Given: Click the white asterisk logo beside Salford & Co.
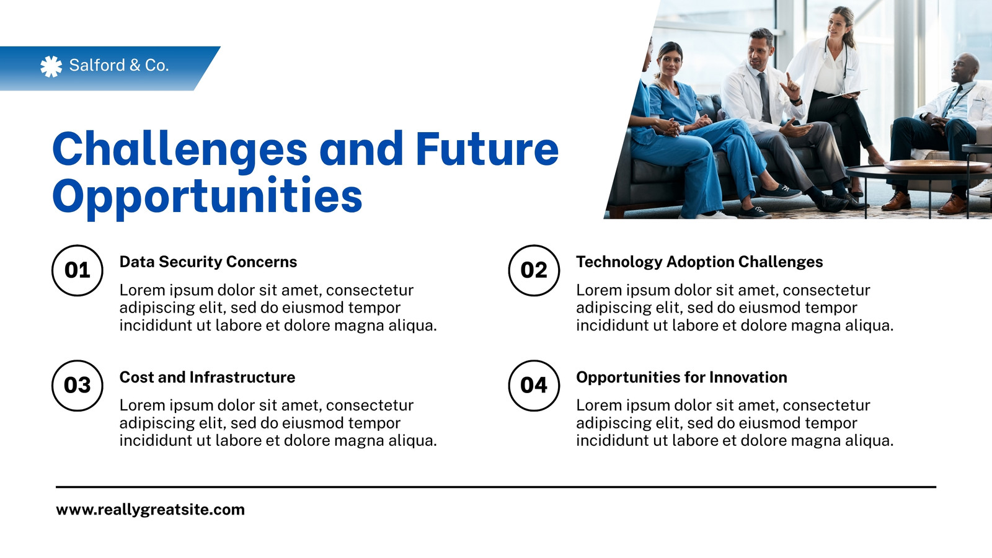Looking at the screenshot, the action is [x=51, y=66].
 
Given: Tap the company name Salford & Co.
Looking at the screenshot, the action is [x=119, y=66].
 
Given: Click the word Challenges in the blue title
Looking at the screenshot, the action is [x=180, y=150].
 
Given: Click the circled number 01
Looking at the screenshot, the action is [x=77, y=270].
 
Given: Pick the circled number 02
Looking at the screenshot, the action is [x=534, y=270].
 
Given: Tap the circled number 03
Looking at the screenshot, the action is [x=77, y=385].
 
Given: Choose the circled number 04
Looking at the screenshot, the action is [x=534, y=385].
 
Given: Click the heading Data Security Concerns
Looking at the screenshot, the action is [x=208, y=262].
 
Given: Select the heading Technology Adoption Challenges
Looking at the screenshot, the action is [x=699, y=262].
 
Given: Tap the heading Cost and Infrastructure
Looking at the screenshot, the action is [x=207, y=378].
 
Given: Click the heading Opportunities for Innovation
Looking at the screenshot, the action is [x=681, y=378].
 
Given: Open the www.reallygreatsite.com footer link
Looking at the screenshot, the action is [x=150, y=510].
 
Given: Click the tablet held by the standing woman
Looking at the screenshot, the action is [x=846, y=94].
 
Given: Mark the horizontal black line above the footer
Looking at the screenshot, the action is [x=496, y=487].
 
